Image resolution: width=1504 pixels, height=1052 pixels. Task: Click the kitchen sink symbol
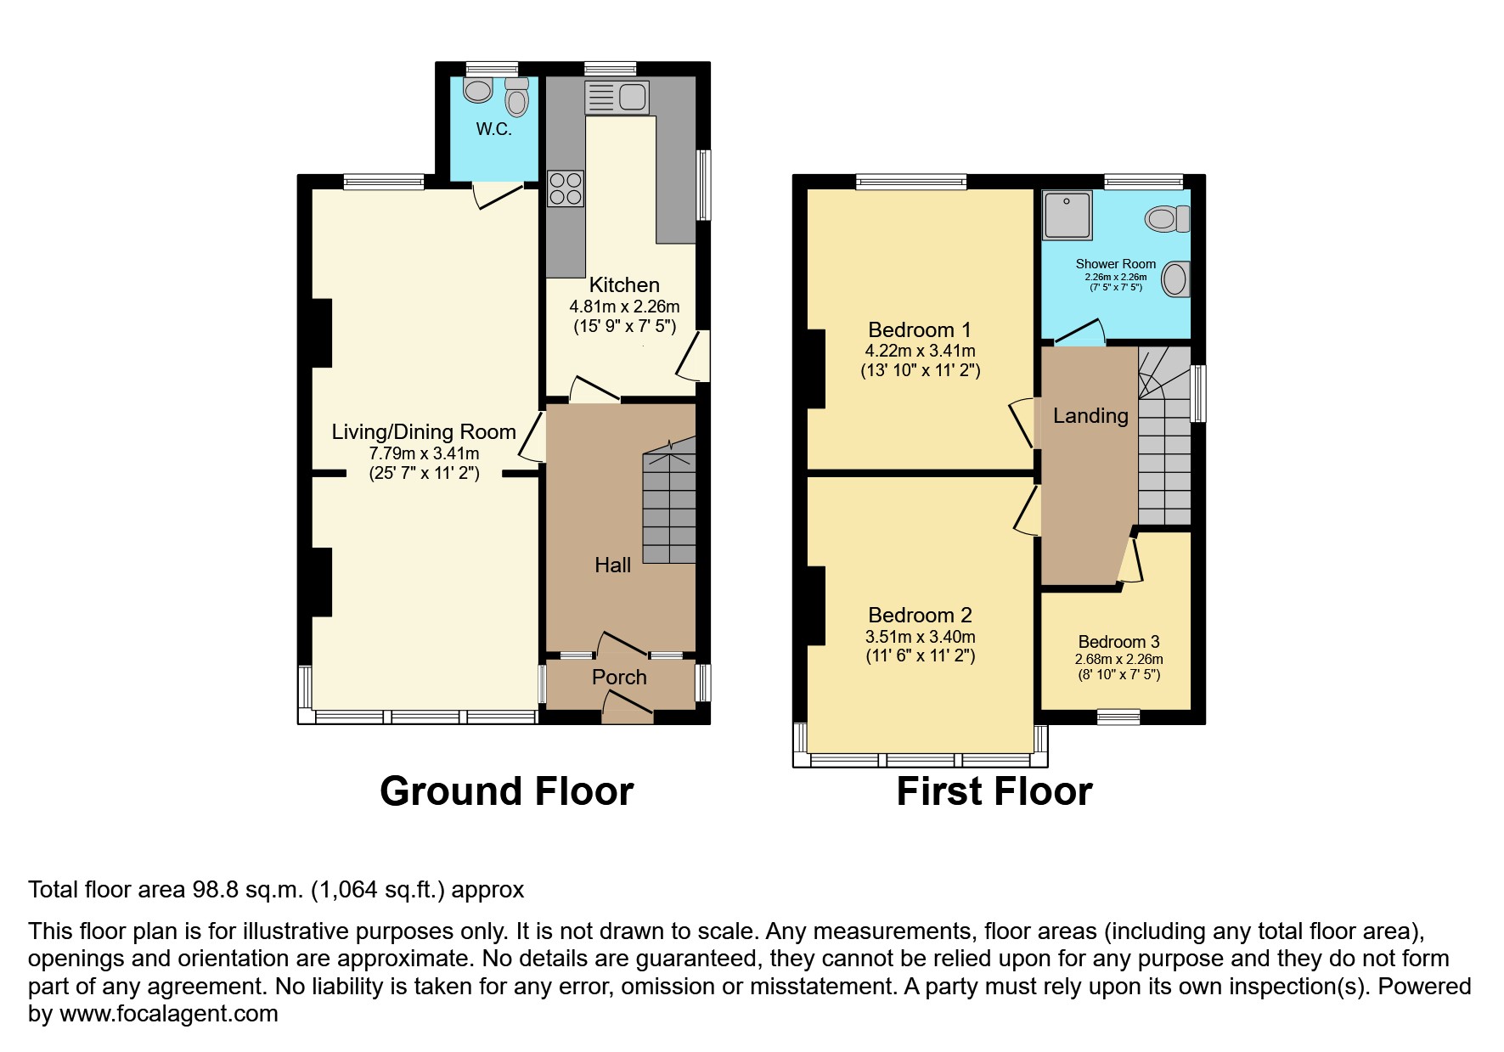pos(617,97)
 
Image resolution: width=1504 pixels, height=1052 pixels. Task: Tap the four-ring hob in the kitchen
pos(566,188)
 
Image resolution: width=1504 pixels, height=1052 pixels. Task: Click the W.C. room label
pos(493,130)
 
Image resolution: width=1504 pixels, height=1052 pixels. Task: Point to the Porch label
pos(619,678)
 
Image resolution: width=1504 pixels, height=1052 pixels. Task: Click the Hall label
pos(612,565)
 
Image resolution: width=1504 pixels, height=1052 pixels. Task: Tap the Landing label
pos(1090,416)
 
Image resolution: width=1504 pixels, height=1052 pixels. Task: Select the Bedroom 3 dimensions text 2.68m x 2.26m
pos(1118,660)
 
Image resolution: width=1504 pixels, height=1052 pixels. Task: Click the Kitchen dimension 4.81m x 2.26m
pos(624,307)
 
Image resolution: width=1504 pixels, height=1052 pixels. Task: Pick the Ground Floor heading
pos(506,791)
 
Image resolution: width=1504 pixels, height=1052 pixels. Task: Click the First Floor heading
pos(994,791)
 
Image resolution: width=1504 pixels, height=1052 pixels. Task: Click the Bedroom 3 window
pos(1118,717)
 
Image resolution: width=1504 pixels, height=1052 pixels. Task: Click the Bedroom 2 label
pos(920,616)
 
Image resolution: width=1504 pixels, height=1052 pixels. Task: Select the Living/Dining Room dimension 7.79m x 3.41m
pos(424,453)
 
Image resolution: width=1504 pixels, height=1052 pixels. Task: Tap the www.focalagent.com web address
pos(168,1014)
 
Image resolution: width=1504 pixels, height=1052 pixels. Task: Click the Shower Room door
pos(1079,332)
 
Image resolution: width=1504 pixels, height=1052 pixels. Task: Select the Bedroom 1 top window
pos(910,181)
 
